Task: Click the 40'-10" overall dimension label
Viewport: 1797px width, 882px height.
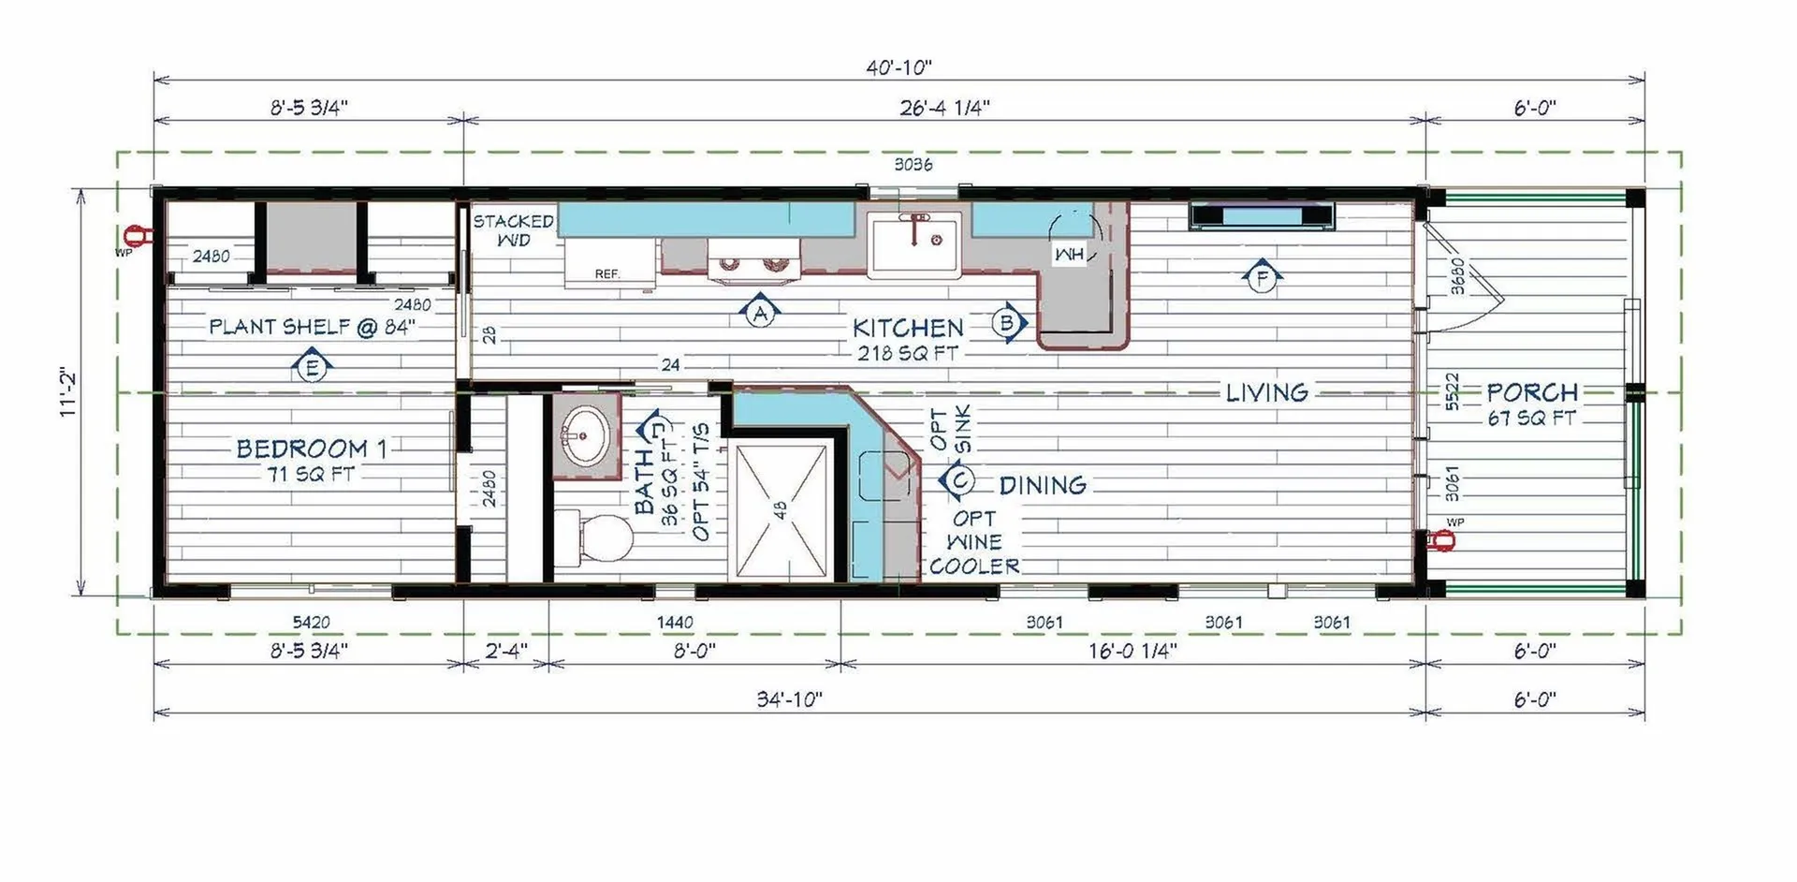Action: coord(898,67)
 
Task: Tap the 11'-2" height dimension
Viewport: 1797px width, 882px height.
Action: coord(69,391)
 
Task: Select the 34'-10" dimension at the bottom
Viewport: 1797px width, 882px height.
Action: coord(790,699)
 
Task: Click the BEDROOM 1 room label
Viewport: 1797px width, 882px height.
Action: coord(311,448)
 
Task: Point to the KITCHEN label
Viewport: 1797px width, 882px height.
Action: coord(908,328)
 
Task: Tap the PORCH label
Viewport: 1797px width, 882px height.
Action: coord(1532,392)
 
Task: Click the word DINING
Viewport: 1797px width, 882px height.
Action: coord(1043,485)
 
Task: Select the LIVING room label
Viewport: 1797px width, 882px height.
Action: coord(1267,392)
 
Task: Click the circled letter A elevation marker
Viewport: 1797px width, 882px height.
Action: coord(760,311)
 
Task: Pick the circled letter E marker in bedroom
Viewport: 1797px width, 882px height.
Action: coord(312,366)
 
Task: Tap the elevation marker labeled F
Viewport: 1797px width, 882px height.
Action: coord(1262,277)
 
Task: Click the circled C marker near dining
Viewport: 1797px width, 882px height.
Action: coord(958,480)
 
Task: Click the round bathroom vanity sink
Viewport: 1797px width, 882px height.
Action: coord(585,435)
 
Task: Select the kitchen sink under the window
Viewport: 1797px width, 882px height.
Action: coord(913,243)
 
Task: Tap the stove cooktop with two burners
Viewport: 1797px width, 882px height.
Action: coord(754,259)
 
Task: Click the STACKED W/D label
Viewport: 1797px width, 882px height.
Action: coord(513,230)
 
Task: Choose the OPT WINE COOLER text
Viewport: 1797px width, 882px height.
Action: coord(974,542)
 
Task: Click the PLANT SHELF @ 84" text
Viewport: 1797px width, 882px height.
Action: coord(312,327)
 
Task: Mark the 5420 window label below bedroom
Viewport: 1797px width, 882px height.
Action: coord(311,622)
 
